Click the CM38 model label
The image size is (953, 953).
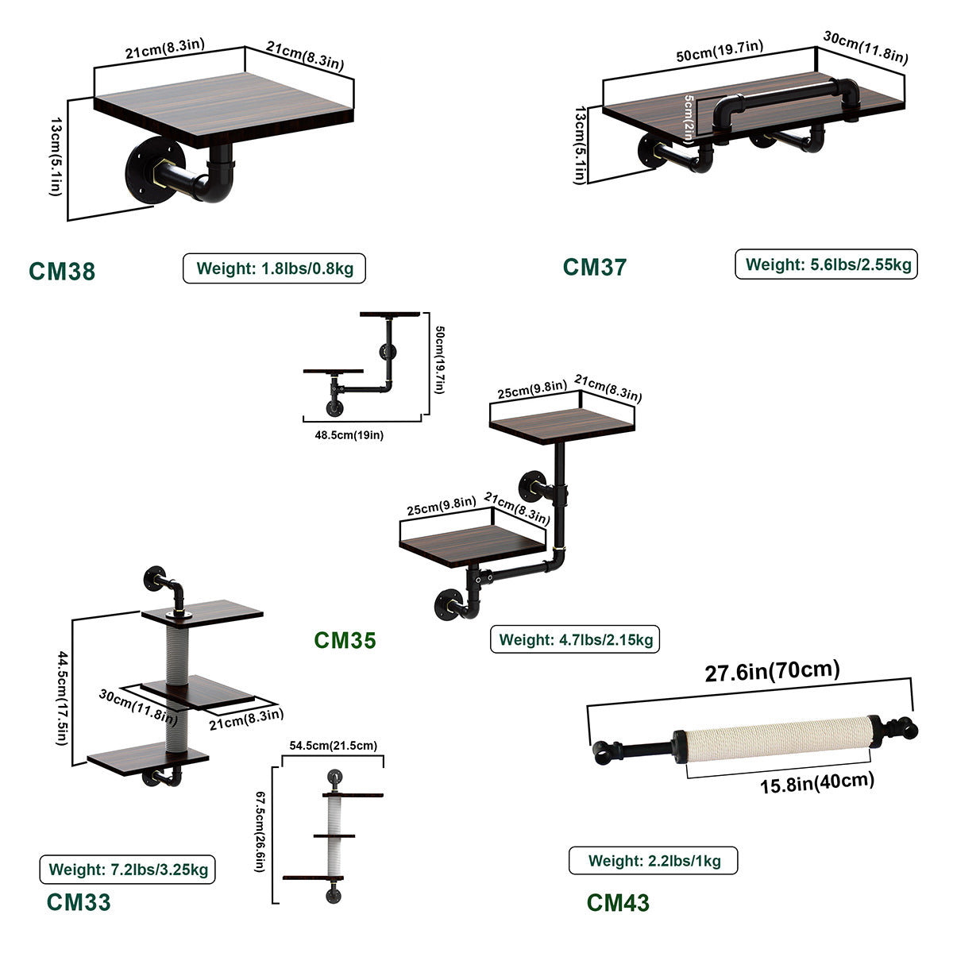62,271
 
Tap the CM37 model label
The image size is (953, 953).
595,267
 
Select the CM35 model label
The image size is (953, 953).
345,640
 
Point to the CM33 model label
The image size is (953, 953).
79,901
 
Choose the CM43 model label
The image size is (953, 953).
618,902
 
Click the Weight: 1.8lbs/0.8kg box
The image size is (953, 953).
274,268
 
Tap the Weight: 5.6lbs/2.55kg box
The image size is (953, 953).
826,264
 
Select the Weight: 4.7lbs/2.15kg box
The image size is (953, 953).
575,639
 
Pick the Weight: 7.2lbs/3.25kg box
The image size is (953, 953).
128,870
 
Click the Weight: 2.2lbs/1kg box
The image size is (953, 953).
654,861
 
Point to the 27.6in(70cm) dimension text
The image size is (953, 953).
772,671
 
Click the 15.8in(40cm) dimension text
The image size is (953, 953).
817,782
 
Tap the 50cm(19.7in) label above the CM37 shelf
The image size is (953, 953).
720,52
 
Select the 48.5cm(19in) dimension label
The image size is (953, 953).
349,435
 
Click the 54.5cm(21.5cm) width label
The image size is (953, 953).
334,745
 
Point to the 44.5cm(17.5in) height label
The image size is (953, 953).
62,698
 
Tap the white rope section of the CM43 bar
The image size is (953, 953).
774,739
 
